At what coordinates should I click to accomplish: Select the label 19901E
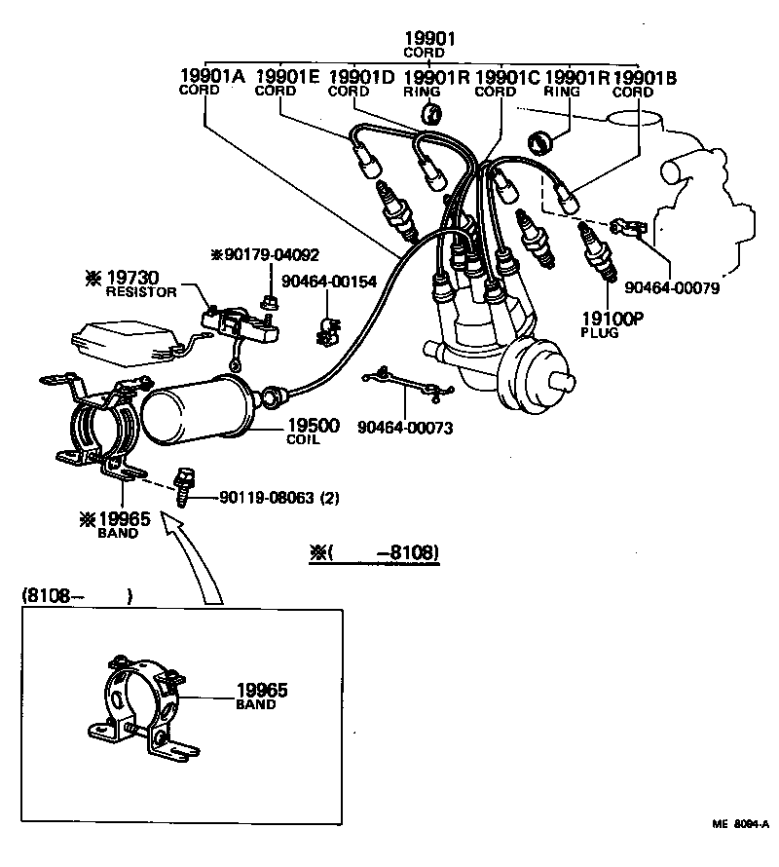pyautogui.click(x=288, y=76)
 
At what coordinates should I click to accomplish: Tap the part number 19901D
pyautogui.click(x=361, y=76)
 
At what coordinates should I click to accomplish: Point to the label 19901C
pyautogui.click(x=507, y=76)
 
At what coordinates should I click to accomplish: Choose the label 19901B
pyautogui.click(x=647, y=76)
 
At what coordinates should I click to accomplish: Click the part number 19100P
pyautogui.click(x=612, y=319)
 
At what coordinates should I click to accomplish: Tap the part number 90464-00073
pyautogui.click(x=405, y=427)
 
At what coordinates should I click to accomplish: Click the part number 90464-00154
pyautogui.click(x=329, y=281)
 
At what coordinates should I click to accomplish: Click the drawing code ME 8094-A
pyautogui.click(x=738, y=850)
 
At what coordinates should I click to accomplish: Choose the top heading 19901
pyautogui.click(x=431, y=39)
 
